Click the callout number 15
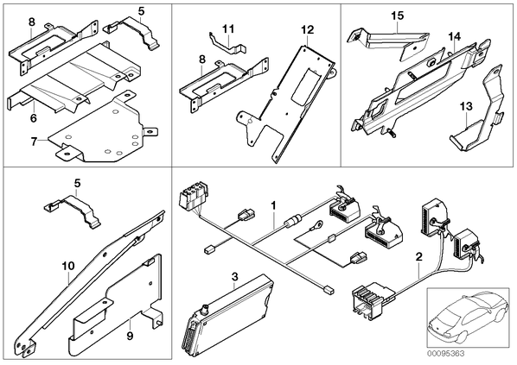point(398,16)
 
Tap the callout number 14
point(455,36)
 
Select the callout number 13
point(466,106)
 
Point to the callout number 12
point(307,30)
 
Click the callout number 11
point(228,29)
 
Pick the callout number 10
point(68,266)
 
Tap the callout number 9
point(130,336)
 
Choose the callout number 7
point(34,142)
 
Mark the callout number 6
point(34,118)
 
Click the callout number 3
point(234,277)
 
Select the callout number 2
point(418,256)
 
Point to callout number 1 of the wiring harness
point(273,206)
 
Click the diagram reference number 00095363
point(445,354)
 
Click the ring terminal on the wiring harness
point(318,225)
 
